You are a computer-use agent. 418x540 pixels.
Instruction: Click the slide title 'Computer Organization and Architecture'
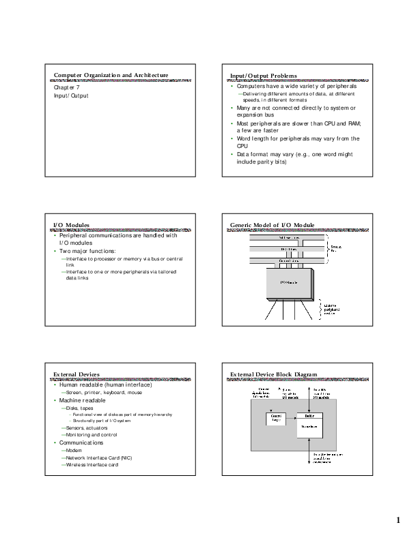point(111,75)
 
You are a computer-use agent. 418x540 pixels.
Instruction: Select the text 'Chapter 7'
point(67,88)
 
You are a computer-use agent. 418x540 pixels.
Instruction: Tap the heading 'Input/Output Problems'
point(264,75)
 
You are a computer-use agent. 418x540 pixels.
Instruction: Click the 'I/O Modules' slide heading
point(71,224)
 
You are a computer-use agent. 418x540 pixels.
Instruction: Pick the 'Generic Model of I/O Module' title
point(272,224)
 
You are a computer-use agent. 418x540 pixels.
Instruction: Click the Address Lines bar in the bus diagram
point(288,238)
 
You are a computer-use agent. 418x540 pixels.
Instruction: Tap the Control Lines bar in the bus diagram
point(288,261)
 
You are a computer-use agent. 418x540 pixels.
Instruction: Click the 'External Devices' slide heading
point(76,374)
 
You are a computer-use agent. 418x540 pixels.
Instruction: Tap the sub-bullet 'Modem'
point(74,450)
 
